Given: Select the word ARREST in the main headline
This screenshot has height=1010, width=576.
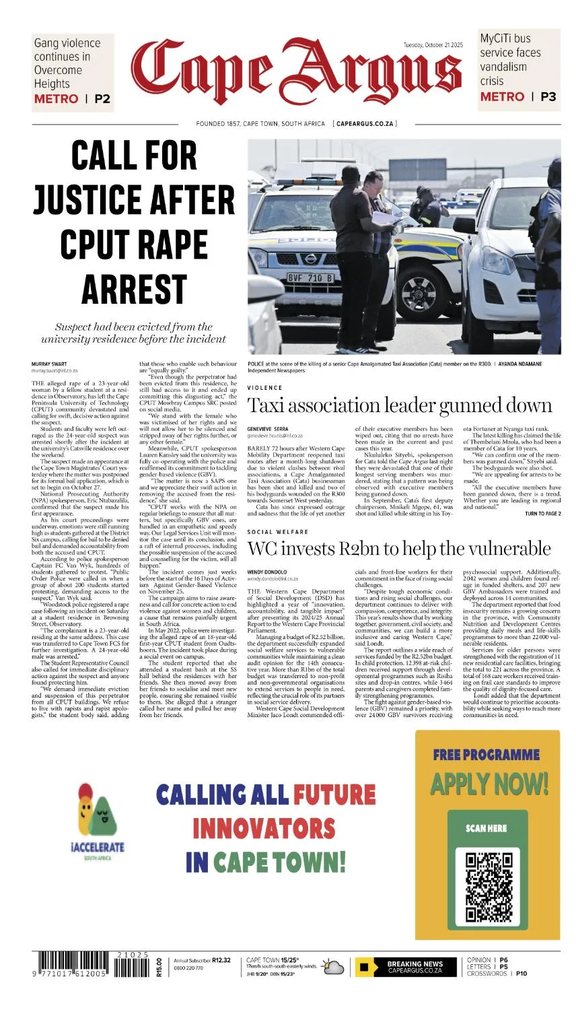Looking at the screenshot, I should [134, 289].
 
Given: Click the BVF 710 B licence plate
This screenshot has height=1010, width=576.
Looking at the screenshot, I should [311, 277].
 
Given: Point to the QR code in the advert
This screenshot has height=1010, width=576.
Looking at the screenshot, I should [488, 886].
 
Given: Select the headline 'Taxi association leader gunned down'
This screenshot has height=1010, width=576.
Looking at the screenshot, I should [400, 405].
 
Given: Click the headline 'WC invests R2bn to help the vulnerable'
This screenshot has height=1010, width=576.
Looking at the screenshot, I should [399, 548].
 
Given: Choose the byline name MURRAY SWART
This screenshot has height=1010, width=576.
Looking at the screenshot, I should [49, 364].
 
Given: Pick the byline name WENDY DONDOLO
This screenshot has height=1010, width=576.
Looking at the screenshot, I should [267, 572].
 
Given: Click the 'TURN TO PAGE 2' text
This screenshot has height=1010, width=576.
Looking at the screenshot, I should [542, 514].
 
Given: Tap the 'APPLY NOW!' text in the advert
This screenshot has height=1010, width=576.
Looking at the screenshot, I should [489, 784].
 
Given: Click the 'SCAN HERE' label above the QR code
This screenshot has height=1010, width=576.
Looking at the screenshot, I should [487, 828].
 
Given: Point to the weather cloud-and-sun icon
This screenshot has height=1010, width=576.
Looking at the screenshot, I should [333, 967].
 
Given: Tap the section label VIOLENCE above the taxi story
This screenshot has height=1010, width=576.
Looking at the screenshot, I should [265, 388].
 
